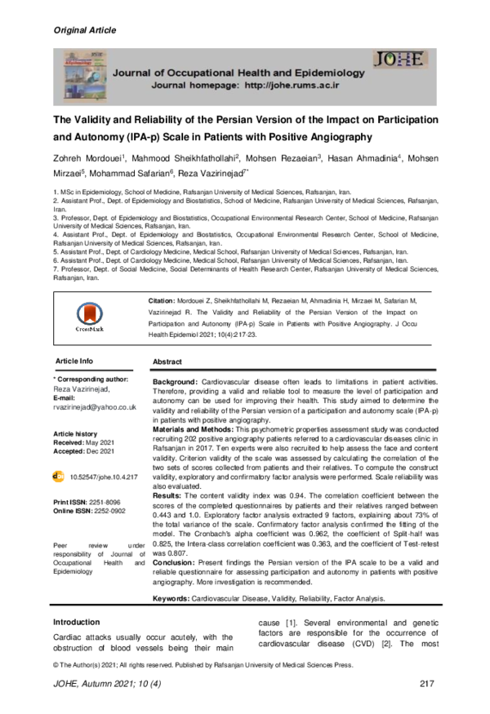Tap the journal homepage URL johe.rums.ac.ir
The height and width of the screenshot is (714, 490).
click(289, 85)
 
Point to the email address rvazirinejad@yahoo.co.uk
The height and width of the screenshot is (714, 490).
click(94, 406)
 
